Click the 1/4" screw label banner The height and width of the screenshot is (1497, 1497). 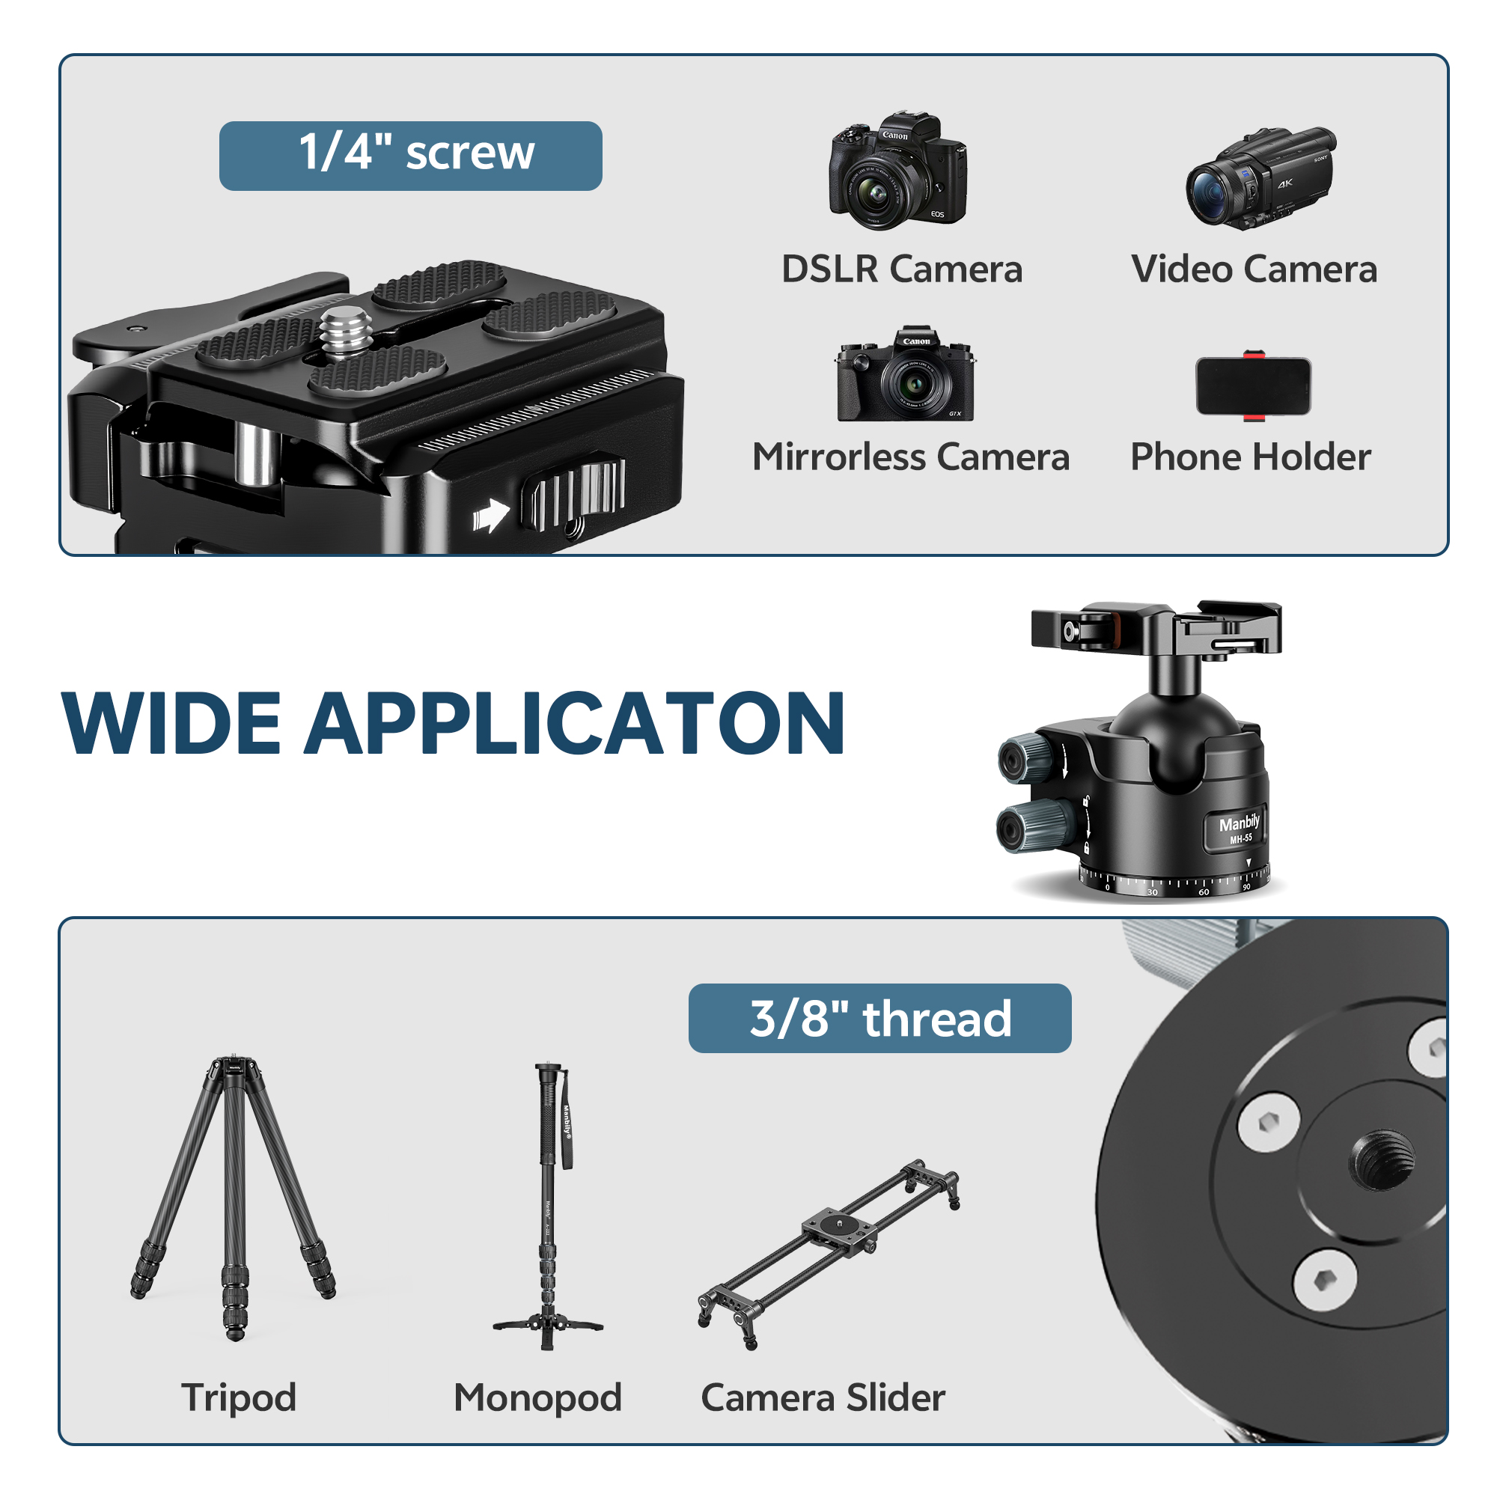410,156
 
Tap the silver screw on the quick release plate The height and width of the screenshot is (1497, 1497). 346,332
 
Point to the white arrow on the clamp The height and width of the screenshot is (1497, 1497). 490,515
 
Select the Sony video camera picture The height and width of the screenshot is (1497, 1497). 1260,177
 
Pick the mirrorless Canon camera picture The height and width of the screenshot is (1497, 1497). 905,375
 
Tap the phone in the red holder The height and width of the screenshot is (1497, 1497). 1253,386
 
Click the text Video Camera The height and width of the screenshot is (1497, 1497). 1254,269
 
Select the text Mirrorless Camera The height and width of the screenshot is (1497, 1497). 910,457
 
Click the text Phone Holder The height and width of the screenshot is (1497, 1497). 1250,457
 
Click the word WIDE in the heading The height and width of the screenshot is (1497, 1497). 171,724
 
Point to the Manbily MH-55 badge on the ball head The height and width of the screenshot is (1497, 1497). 1238,829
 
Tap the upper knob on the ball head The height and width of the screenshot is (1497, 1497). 1022,758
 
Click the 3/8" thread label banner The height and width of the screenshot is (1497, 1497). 879,1018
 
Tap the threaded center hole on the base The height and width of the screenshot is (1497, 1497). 1382,1160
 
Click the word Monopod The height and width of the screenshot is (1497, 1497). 537,1397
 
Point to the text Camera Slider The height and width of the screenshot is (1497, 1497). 823,1397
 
